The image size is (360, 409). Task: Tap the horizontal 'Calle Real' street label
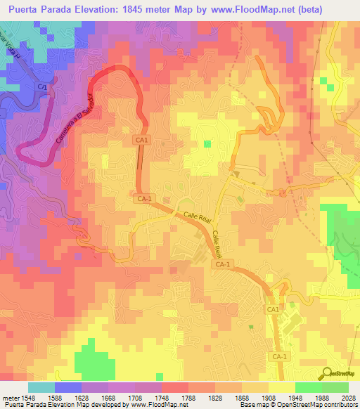[197, 217]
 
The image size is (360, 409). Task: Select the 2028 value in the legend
[349, 397]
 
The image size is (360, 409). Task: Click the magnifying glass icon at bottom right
[325, 373]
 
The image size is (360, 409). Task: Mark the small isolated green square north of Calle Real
[207, 144]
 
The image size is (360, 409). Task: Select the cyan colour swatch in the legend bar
[41, 387]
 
